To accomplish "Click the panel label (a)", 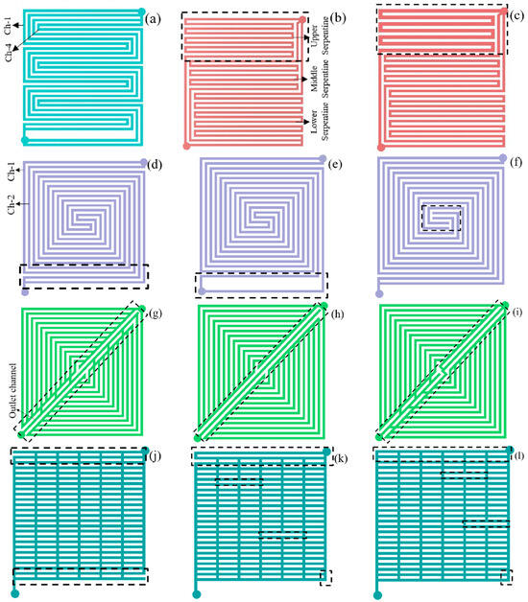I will click(155, 17).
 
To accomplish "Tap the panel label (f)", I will click(512, 164).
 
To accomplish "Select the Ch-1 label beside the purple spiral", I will click(11, 174).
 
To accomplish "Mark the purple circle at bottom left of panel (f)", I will click(380, 292).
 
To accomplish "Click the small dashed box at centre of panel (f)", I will click(442, 218).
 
